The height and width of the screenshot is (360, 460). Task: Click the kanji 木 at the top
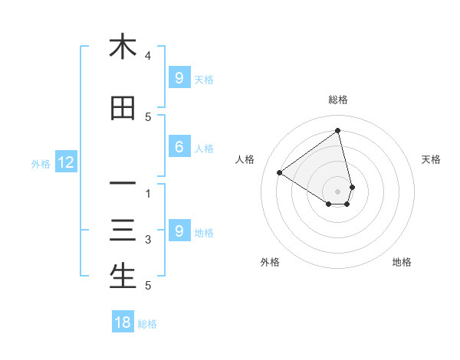[123, 47]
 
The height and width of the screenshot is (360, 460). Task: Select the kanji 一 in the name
[123, 184]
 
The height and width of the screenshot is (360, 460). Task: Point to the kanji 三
[123, 231]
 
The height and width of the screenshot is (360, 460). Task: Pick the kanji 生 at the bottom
[123, 276]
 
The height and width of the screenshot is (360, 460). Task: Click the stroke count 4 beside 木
[148, 56]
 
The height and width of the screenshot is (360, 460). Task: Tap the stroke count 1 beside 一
[148, 194]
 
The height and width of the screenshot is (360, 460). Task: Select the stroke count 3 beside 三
[148, 240]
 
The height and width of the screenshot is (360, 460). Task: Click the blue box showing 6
[179, 148]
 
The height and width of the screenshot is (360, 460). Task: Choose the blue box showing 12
[65, 162]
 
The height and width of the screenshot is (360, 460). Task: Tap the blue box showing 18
[123, 322]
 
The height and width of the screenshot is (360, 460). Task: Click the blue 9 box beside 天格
[179, 77]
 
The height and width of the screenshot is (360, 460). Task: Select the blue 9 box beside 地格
[179, 231]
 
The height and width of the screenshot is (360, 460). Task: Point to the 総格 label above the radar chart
[338, 100]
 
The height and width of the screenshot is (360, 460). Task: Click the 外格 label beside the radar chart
[270, 262]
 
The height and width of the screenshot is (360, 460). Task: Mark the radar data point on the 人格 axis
[279, 172]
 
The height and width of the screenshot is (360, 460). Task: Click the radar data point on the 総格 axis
[338, 131]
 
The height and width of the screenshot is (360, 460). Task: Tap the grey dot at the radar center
[338, 191]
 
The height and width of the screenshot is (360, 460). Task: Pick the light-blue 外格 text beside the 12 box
[41, 163]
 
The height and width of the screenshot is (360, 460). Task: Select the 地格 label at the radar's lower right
[402, 262]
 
